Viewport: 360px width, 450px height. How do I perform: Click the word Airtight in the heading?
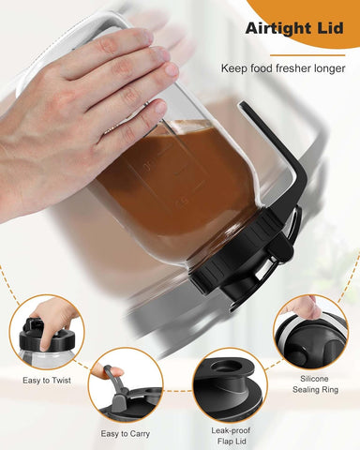pos(279,29)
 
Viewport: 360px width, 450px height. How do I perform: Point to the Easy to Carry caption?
pos(125,433)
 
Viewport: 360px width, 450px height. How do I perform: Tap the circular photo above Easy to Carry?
pos(125,386)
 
